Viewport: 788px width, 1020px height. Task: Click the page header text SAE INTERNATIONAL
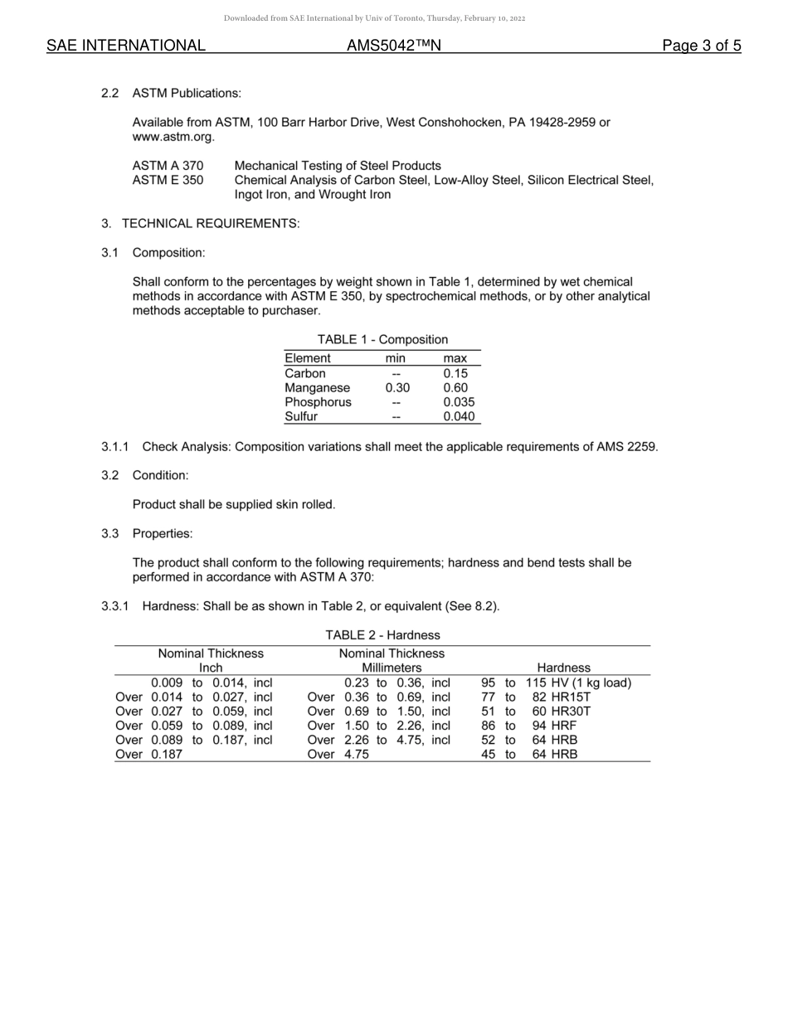point(126,46)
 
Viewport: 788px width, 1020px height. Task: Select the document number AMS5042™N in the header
point(393,46)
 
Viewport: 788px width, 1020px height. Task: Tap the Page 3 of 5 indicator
point(701,46)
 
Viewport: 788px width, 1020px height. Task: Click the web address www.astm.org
point(173,137)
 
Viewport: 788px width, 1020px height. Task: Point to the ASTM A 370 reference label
point(168,166)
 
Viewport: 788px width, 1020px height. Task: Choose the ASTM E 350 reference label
point(168,180)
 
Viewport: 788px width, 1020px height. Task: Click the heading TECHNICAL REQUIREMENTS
point(210,224)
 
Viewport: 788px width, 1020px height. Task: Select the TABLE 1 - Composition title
point(382,339)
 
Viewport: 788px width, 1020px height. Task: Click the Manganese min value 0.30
point(396,388)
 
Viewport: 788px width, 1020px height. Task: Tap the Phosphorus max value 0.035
point(458,402)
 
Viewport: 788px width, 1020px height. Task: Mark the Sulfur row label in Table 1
point(301,417)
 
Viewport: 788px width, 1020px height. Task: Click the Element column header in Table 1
point(307,358)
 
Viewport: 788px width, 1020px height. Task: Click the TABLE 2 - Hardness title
point(382,635)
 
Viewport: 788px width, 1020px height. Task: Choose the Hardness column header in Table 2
point(563,668)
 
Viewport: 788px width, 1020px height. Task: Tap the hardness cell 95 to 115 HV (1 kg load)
point(556,683)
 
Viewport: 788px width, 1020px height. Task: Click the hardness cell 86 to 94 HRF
point(528,726)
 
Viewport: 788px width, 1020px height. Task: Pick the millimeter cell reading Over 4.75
point(338,755)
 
